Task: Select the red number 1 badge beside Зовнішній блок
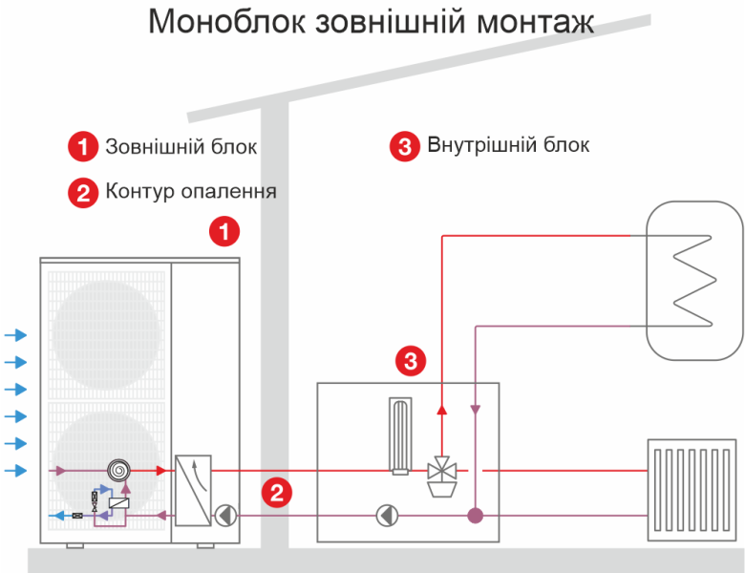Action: [83, 147]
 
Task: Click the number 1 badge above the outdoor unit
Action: [224, 231]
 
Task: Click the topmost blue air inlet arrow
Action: [16, 335]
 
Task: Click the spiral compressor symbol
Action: [119, 470]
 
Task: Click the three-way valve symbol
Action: [442, 471]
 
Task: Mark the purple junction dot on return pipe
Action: [475, 516]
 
